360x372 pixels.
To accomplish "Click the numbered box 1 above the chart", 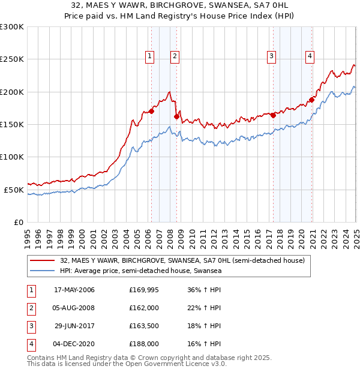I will [149, 57].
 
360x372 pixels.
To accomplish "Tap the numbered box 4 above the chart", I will [310, 57].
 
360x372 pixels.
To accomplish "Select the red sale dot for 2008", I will [176, 116].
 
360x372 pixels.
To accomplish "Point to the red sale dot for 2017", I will [274, 115].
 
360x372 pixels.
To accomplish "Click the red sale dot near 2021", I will [311, 100].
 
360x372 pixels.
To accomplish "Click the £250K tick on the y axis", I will [12, 59].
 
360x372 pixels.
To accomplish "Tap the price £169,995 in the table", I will [145, 290].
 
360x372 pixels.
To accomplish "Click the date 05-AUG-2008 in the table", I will [74, 308].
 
